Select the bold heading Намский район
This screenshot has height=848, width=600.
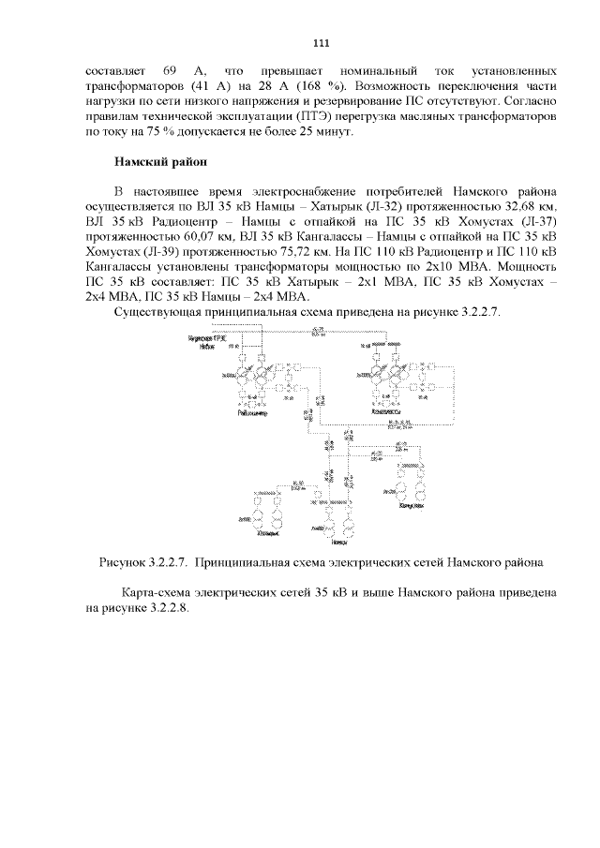tap(153, 162)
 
